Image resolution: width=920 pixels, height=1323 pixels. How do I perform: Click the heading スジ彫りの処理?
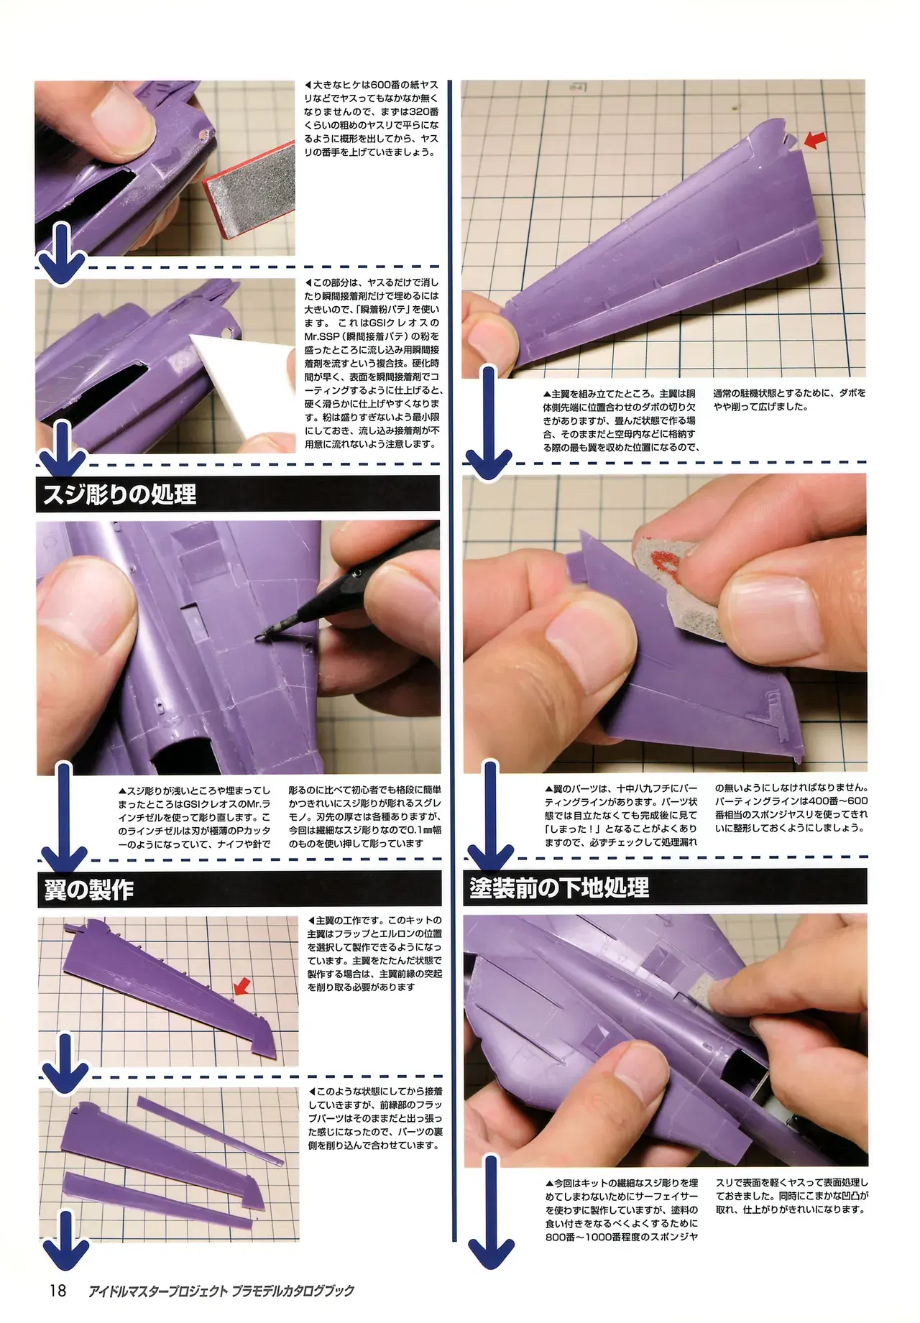pyautogui.click(x=120, y=494)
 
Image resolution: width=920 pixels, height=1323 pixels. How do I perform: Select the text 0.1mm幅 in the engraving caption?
pyautogui.click(x=415, y=829)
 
